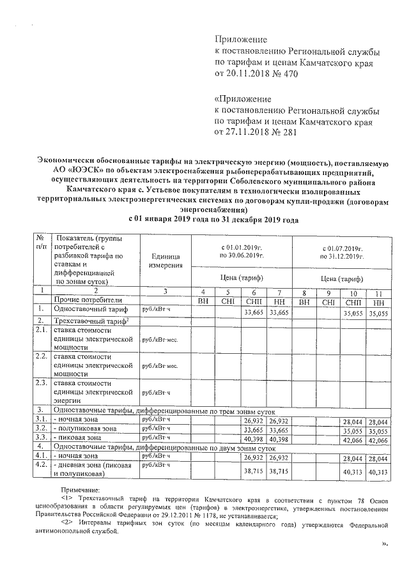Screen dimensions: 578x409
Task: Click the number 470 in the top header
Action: [289, 74]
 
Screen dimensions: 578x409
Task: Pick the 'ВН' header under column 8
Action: [305, 300]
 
